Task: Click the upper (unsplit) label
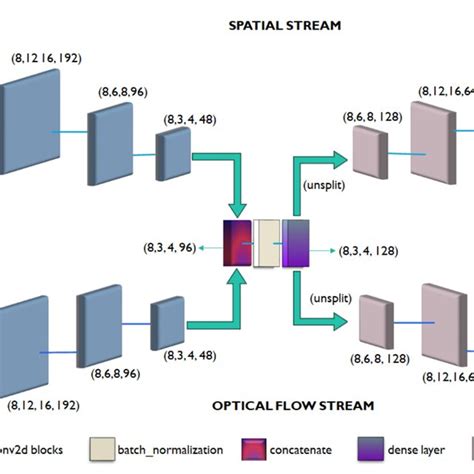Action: click(322, 186)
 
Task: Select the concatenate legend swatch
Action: click(254, 449)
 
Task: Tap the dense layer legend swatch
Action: click(376, 449)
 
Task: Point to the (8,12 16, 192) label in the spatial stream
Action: click(45, 59)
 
